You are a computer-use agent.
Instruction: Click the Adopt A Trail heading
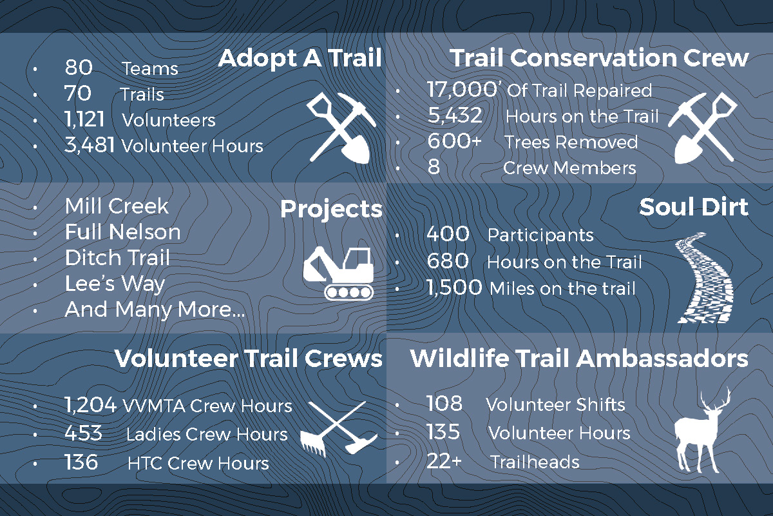300,58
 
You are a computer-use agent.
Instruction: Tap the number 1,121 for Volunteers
84,119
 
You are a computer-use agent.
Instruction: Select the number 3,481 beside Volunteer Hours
90,145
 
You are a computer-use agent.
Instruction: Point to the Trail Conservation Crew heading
599,57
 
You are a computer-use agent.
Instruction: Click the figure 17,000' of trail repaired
462,90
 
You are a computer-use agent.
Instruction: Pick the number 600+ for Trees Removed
455,141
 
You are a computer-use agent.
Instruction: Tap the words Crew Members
569,168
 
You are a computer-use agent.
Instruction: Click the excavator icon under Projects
339,273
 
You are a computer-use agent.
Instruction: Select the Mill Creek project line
117,206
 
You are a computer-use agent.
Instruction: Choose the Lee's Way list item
115,284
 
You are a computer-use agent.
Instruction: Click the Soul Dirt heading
694,207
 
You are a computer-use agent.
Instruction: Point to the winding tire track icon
704,278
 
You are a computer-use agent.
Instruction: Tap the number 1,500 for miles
454,288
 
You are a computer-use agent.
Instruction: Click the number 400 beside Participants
448,234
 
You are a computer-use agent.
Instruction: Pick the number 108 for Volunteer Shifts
444,403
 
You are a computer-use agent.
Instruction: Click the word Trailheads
535,462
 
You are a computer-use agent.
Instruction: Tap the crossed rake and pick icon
339,428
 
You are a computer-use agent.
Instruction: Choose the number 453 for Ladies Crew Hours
84,433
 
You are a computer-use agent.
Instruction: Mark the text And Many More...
155,310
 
